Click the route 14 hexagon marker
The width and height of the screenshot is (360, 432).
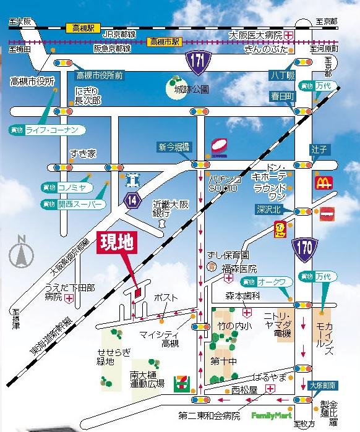pyautogui.click(x=131, y=200)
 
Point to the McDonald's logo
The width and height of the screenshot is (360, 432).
pyautogui.click(x=324, y=182)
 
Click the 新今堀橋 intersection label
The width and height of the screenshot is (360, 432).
pyautogui.click(x=174, y=146)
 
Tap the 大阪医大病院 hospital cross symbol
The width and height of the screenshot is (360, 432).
pyautogui.click(x=289, y=36)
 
